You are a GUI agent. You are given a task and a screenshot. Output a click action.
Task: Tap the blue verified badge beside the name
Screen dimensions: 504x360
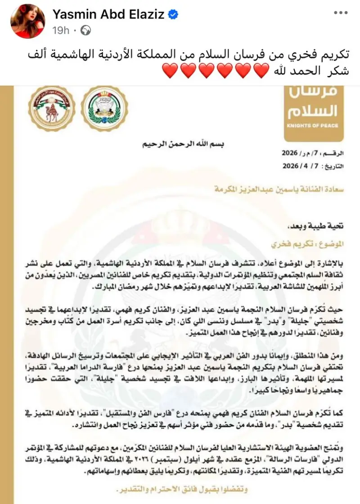pos(172,15)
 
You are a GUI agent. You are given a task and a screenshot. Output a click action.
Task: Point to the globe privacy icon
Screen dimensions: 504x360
pos(86,30)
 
